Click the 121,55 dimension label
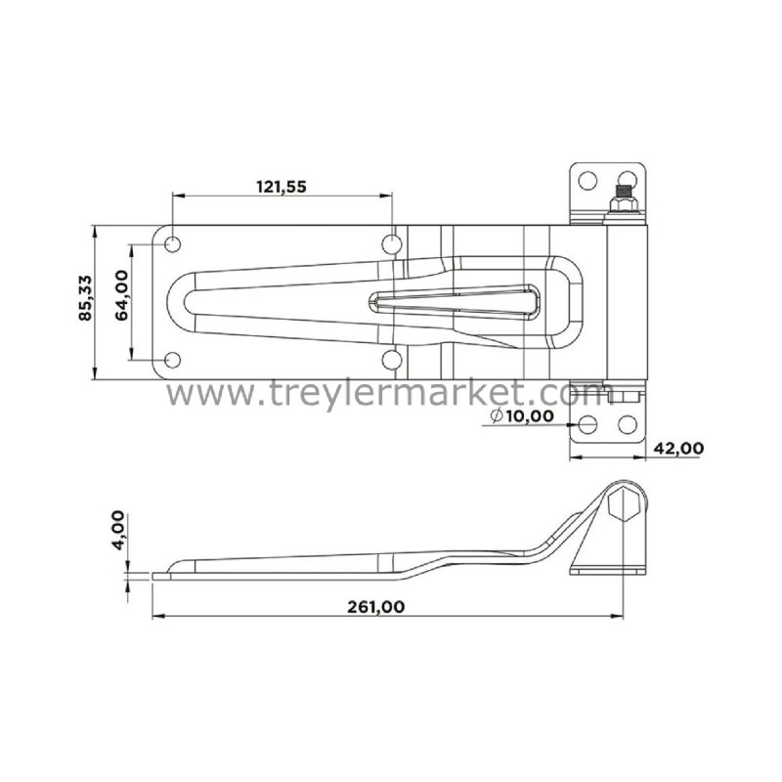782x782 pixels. (282, 187)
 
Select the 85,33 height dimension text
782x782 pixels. (85, 297)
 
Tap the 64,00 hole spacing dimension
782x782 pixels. (121, 295)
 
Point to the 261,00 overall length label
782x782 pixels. (376, 607)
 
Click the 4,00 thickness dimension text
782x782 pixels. (117, 530)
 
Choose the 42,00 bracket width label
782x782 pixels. (678, 449)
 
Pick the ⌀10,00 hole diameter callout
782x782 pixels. (522, 415)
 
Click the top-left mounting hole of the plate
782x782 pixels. (173, 244)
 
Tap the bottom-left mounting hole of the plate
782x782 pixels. (173, 360)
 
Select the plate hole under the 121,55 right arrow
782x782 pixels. (392, 244)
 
